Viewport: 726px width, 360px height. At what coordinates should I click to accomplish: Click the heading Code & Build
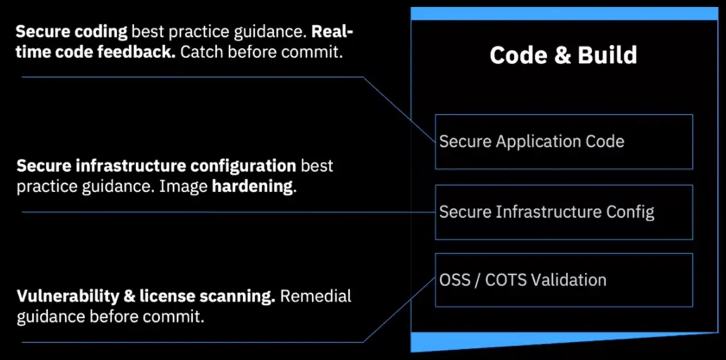point(563,55)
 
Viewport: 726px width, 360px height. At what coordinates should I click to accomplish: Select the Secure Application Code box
point(564,142)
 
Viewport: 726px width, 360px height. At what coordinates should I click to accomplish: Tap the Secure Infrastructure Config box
point(564,213)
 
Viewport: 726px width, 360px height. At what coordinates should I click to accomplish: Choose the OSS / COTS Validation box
point(564,280)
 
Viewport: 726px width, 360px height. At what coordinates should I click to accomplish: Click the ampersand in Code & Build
point(562,55)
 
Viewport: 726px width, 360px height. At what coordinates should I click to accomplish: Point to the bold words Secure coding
point(71,32)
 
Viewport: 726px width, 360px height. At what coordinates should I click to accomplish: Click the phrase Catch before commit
point(261,52)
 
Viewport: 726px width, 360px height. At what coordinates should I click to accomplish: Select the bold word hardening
point(254,187)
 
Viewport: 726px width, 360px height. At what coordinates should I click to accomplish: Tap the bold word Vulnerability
point(68,297)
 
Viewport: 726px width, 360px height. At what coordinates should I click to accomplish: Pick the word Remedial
point(316,296)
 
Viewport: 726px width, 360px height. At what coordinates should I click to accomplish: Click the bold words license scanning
point(207,297)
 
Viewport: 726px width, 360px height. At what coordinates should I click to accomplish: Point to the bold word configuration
point(243,166)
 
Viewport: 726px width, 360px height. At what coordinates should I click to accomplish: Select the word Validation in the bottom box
point(569,280)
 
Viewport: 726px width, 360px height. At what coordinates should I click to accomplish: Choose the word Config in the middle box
point(630,213)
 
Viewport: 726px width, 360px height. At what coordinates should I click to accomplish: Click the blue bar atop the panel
point(564,14)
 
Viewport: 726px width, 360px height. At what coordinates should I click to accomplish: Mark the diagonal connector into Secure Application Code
point(400,109)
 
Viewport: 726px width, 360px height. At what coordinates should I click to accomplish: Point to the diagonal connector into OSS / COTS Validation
point(400,310)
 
